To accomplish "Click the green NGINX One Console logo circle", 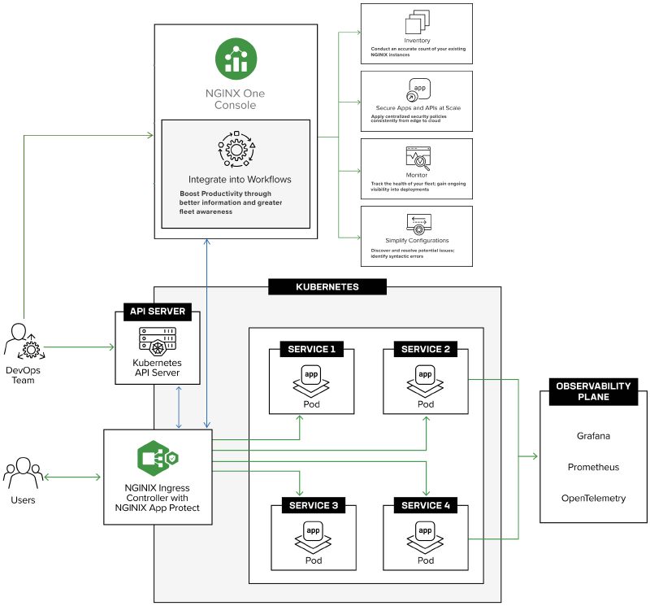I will point(236,59).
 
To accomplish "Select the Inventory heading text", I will point(417,41).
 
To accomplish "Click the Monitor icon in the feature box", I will point(417,157).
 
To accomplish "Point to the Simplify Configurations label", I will point(417,241).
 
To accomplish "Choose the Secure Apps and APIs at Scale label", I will point(417,107).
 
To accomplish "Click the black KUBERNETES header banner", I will point(327,287).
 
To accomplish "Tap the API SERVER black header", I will point(158,312).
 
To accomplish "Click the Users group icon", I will point(23,473).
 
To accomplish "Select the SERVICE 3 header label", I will point(311,506).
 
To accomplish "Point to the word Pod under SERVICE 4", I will point(425,560).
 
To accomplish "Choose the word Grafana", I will point(593,436).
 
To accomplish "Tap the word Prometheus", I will point(593,467).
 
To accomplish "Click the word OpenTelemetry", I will point(593,498).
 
